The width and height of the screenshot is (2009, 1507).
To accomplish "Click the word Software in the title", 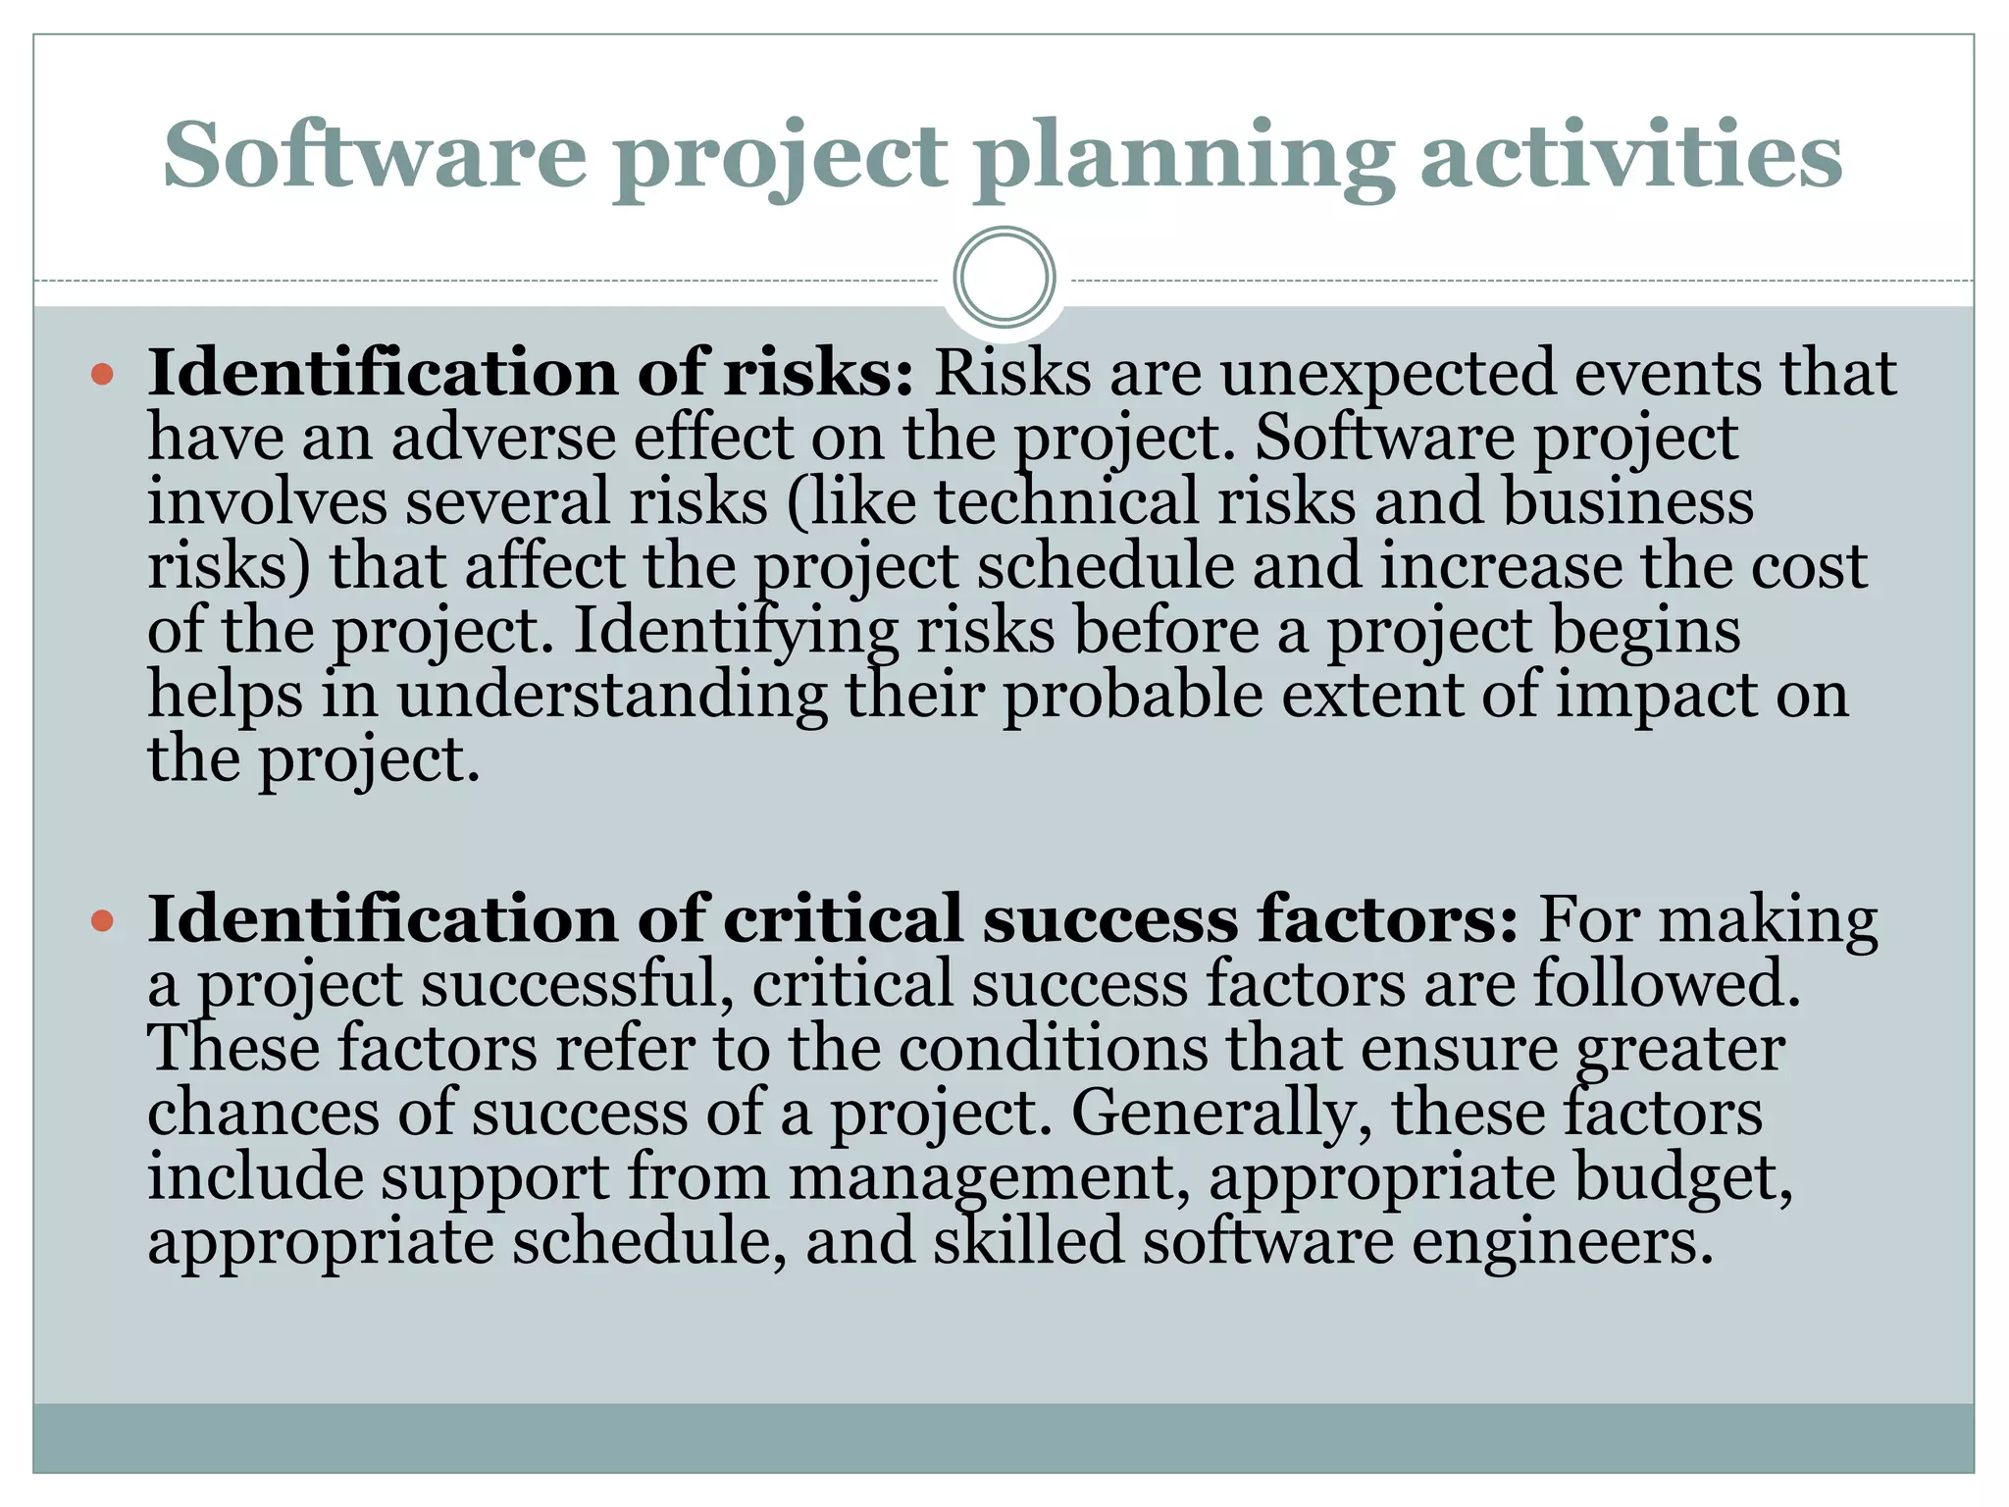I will (375, 157).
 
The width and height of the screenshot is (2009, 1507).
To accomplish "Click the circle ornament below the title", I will (1004, 278).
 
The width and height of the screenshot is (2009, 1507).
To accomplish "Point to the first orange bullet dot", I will (102, 374).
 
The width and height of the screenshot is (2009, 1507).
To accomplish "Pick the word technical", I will (1066, 501).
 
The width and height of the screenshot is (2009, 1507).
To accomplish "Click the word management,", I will (990, 1177).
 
